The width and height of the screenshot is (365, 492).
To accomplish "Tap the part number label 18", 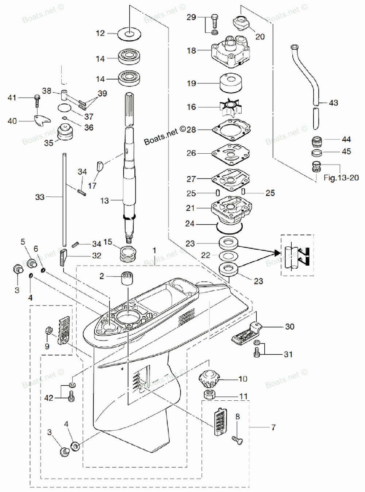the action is pos(192,51).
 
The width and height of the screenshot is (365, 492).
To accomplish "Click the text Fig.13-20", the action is pos(341,178).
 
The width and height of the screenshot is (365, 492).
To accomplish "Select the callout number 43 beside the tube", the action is pos(333,103).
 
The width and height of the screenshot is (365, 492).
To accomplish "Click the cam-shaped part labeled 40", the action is pos(42,121).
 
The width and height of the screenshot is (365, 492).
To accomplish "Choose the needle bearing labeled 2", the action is pos(128,278).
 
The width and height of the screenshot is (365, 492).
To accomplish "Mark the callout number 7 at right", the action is pos(273,427).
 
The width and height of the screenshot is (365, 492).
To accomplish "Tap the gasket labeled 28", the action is pos(232,130).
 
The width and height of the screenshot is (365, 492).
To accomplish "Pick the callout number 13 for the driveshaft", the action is pos(104,201).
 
